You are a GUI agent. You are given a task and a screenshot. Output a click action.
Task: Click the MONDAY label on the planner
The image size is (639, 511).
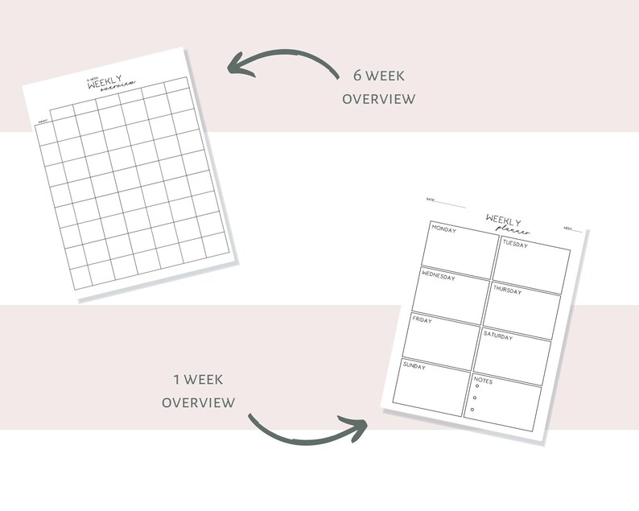[444, 229]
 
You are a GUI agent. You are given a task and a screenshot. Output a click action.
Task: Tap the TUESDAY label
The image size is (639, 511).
[516, 244]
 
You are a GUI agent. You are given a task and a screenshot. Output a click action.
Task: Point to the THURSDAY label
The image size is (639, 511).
[509, 290]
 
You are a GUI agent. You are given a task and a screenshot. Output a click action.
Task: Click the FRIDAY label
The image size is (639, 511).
[423, 320]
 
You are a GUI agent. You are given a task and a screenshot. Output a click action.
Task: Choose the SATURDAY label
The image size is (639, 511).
[498, 336]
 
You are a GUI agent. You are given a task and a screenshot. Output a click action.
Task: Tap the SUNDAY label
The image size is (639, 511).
[414, 366]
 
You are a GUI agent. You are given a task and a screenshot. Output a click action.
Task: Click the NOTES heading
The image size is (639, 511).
[484, 381]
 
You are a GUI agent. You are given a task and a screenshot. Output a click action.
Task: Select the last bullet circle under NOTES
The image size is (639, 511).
[472, 410]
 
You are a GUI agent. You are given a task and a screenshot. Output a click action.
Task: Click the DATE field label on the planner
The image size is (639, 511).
[431, 200]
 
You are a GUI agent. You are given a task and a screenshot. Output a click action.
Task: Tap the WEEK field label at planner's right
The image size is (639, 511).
[567, 229]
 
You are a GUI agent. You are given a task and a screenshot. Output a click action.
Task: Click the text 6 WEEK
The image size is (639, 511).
[378, 76]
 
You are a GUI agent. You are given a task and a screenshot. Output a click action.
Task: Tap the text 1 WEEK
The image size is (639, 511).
[198, 379]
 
